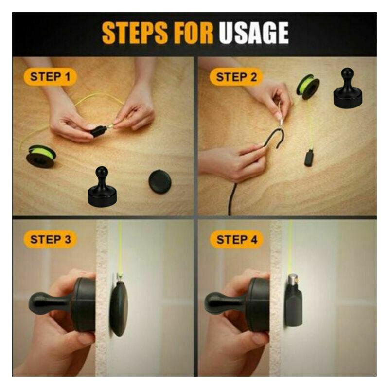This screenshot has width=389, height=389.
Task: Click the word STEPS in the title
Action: (135, 33)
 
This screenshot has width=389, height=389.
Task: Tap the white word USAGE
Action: (253, 33)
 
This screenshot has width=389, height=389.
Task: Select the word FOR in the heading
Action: (193, 33)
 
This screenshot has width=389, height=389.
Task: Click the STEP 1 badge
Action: (51, 77)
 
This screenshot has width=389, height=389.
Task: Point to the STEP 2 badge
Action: (236, 77)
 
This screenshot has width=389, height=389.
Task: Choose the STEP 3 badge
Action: (50, 239)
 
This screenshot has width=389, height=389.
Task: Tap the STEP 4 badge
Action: (237, 239)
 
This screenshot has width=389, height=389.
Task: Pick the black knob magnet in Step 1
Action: (102, 187)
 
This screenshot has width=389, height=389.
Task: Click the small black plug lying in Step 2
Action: (309, 158)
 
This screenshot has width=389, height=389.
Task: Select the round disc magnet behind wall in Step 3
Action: (119, 308)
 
